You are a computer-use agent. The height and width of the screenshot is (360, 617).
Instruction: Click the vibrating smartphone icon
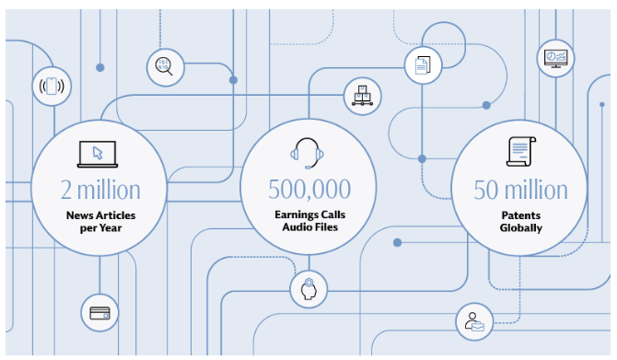52,87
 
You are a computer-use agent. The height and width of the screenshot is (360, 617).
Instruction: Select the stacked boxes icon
361,96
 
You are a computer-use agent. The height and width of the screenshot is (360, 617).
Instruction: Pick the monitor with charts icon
555,57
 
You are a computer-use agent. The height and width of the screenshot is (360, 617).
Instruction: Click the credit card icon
99,312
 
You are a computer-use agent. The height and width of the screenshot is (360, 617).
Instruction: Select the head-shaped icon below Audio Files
308,290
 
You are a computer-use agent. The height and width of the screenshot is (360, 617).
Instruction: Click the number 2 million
100,191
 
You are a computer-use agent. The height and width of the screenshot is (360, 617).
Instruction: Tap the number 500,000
309,190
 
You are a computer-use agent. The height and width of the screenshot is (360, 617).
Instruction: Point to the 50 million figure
520,190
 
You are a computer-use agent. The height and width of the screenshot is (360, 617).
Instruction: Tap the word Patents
520,216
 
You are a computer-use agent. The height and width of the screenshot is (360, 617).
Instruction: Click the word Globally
520,228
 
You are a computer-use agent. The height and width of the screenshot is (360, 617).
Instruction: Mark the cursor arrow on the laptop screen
100,151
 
